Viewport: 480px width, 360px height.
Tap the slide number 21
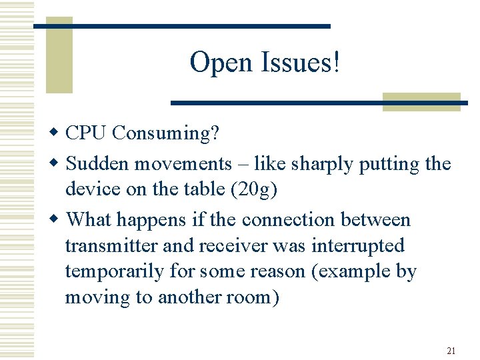pos(451,351)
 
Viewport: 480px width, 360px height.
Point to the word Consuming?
pos(165,133)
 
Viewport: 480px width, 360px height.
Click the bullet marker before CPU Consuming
pos(57,133)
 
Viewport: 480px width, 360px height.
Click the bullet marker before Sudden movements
pos(57,164)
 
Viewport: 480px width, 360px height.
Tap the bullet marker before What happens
pos(57,220)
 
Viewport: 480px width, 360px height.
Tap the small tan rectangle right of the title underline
pos(421,101)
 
